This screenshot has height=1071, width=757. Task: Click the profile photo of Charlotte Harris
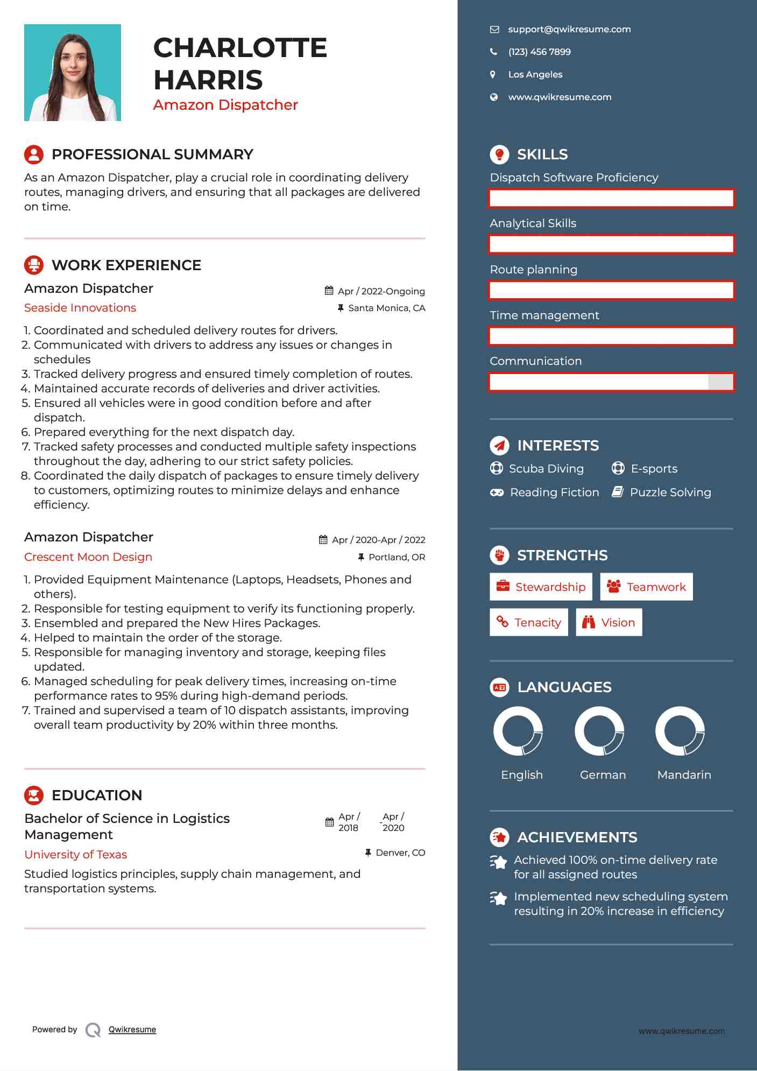coord(73,73)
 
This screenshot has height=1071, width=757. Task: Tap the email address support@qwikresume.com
coord(569,30)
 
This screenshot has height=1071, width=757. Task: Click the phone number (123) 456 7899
coord(539,52)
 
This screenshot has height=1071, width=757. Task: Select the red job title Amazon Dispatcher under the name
coord(225,105)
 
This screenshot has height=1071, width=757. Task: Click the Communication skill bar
coord(611,382)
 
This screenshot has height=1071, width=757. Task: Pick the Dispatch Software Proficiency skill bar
coord(611,198)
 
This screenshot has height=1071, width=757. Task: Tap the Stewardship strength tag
coord(541,587)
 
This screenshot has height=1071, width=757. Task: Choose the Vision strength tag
coord(609,623)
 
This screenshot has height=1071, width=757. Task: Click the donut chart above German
coord(599,731)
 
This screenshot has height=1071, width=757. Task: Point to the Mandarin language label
coord(684,775)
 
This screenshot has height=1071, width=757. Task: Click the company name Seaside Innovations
coord(80,308)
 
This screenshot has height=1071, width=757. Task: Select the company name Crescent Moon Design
coord(88,557)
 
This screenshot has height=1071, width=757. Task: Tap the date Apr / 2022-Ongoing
coord(381,291)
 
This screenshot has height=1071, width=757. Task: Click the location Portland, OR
coord(397,557)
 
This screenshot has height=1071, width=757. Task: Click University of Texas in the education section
coord(76,855)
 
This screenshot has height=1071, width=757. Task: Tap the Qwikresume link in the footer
coord(132,1030)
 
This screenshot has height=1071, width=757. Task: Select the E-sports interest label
coord(654,469)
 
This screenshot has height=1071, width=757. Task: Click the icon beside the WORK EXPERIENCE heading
coord(34,265)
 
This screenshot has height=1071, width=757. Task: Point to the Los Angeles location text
coord(535,75)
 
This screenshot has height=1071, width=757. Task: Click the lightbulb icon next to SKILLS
coord(499,154)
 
